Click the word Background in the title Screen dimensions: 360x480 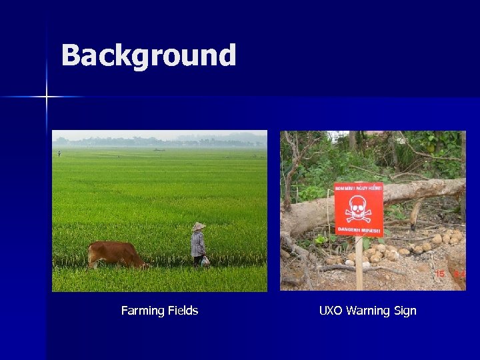coord(148,56)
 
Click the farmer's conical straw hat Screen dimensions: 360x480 coord(199,227)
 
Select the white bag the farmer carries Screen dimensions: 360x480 coord(205,261)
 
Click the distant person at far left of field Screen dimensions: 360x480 coord(59,153)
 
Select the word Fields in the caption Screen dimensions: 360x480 coord(183,311)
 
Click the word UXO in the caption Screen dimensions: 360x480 coord(332,311)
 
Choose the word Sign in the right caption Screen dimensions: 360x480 coord(406,311)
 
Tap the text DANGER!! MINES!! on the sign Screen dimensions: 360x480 coord(359,231)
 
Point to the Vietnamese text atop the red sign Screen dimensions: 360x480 coord(359,188)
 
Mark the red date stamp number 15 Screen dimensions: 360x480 coord(440,274)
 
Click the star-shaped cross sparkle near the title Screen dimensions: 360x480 coord(47,97)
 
